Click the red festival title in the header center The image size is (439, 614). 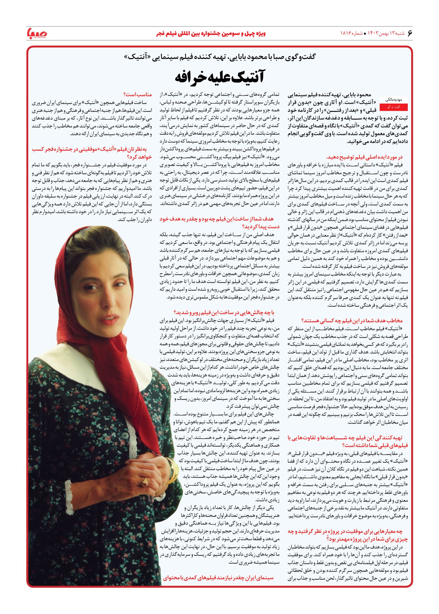coord(211,34)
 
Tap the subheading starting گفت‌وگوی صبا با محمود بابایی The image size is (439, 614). coord(219,57)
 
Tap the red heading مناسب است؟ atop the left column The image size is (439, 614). coord(138,94)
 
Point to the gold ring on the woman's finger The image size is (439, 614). coord(145,481)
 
